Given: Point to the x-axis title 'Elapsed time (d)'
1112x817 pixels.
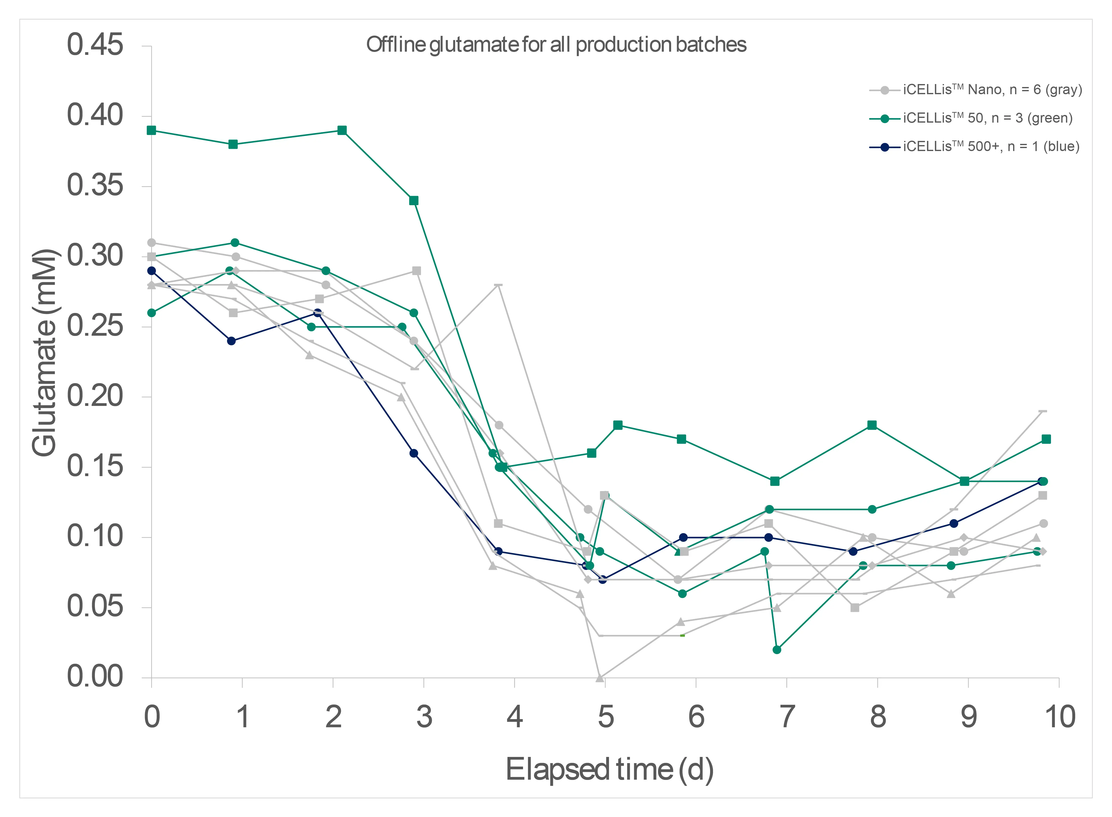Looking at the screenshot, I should point(609,770).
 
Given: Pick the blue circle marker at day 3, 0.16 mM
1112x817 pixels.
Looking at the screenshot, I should point(414,453).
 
